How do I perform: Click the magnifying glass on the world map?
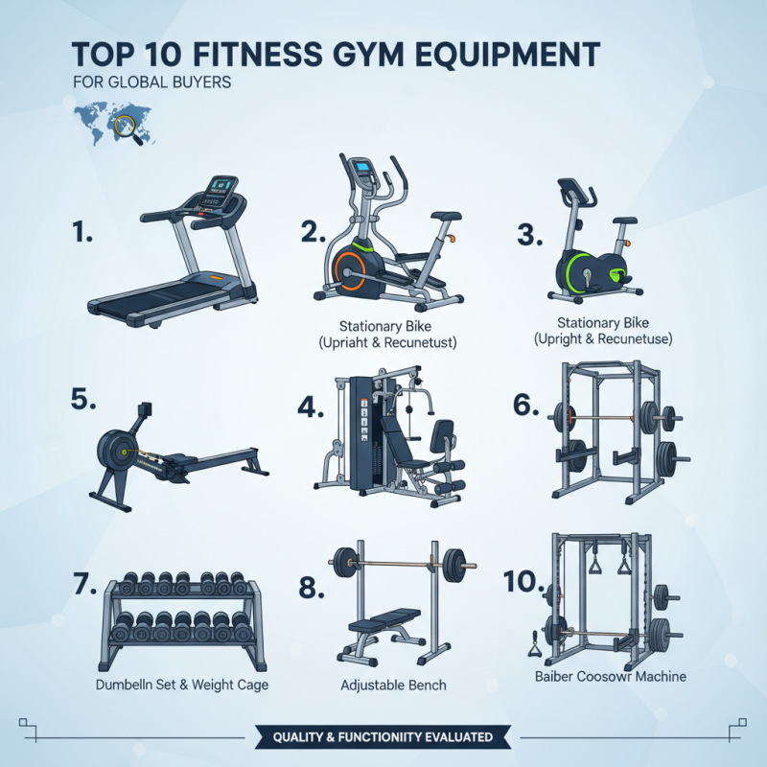coord(125,126)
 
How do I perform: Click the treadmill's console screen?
coord(223,184)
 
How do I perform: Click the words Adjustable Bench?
coord(393,686)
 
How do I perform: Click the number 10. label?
coord(523,581)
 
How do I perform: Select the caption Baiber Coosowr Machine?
coord(611,677)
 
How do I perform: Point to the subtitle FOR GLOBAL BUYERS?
coord(151,82)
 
